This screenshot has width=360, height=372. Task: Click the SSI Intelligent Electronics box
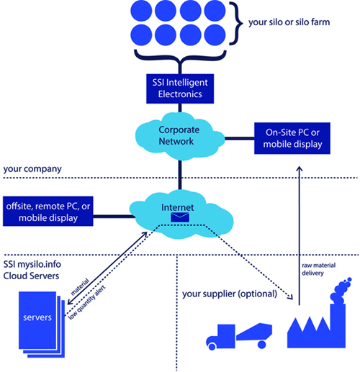(x=180, y=89)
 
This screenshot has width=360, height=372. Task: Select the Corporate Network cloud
(x=180, y=136)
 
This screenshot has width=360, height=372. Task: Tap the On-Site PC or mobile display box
(x=292, y=138)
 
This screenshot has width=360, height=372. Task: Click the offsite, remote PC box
(x=48, y=211)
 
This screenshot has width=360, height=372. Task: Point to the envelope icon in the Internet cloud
(x=180, y=217)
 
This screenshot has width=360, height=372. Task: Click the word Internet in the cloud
(x=178, y=207)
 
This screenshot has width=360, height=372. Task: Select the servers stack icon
(x=42, y=325)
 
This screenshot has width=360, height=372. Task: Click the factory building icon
(x=316, y=326)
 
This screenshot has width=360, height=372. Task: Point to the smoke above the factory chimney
(x=341, y=291)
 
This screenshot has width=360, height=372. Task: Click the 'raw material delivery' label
(x=318, y=269)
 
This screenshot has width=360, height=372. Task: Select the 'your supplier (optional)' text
(x=230, y=294)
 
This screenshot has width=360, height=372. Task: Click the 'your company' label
(x=32, y=169)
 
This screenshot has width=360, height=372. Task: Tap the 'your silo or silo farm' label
(x=289, y=22)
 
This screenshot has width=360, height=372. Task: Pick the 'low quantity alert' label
(x=87, y=303)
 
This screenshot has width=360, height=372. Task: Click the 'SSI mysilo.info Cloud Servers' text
(x=32, y=270)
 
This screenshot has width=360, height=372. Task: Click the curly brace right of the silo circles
(x=235, y=23)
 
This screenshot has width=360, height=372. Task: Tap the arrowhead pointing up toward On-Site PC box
(x=300, y=168)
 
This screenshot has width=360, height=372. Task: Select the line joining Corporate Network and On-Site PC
(x=240, y=138)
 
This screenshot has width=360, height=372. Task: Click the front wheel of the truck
(x=212, y=346)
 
